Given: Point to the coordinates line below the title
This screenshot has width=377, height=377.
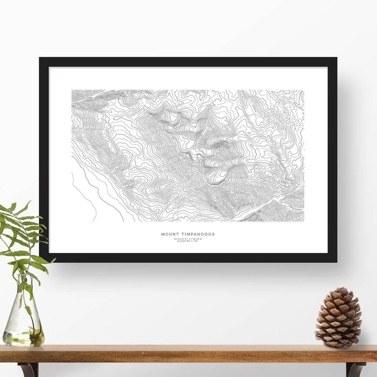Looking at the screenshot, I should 188,239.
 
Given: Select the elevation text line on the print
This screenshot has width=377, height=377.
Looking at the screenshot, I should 188,241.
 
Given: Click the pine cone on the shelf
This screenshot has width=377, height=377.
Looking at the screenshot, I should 338,318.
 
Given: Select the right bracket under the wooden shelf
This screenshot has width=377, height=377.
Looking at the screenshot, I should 355,369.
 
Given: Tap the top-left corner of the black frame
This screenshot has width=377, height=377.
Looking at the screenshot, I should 40,58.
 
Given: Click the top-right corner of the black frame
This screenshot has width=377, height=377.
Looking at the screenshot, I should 336,58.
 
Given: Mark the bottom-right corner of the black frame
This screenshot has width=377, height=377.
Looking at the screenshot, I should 336,261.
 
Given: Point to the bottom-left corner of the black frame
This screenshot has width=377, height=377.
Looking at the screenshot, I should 40,261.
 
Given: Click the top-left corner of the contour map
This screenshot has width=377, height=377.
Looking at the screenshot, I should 72,90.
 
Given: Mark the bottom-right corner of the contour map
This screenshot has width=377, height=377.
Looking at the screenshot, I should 304,221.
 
